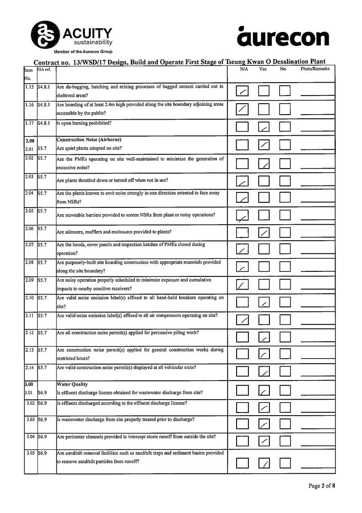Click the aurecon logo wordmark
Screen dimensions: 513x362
(x=283, y=37)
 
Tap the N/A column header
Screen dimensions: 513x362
(x=244, y=69)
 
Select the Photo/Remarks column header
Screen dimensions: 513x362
(x=315, y=69)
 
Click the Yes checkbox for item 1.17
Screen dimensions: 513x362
(x=264, y=127)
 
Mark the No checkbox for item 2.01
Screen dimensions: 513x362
(x=285, y=145)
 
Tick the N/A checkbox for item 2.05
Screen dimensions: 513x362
(x=243, y=215)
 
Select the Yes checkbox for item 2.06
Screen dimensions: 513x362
(x=264, y=233)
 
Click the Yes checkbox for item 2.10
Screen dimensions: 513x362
(x=264, y=302)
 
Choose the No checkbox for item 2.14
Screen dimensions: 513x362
(x=285, y=371)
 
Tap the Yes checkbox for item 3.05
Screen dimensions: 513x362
(x=264, y=463)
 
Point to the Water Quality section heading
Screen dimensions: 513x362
(x=72, y=385)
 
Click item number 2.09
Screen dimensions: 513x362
(x=30, y=280)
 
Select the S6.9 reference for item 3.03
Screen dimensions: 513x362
(x=42, y=419)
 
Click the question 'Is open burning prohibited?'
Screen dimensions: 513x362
(x=84, y=123)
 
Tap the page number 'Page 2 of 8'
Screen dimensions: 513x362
(x=321, y=486)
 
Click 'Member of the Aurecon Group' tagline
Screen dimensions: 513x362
(x=83, y=52)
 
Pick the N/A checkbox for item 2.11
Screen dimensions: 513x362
(x=243, y=320)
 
